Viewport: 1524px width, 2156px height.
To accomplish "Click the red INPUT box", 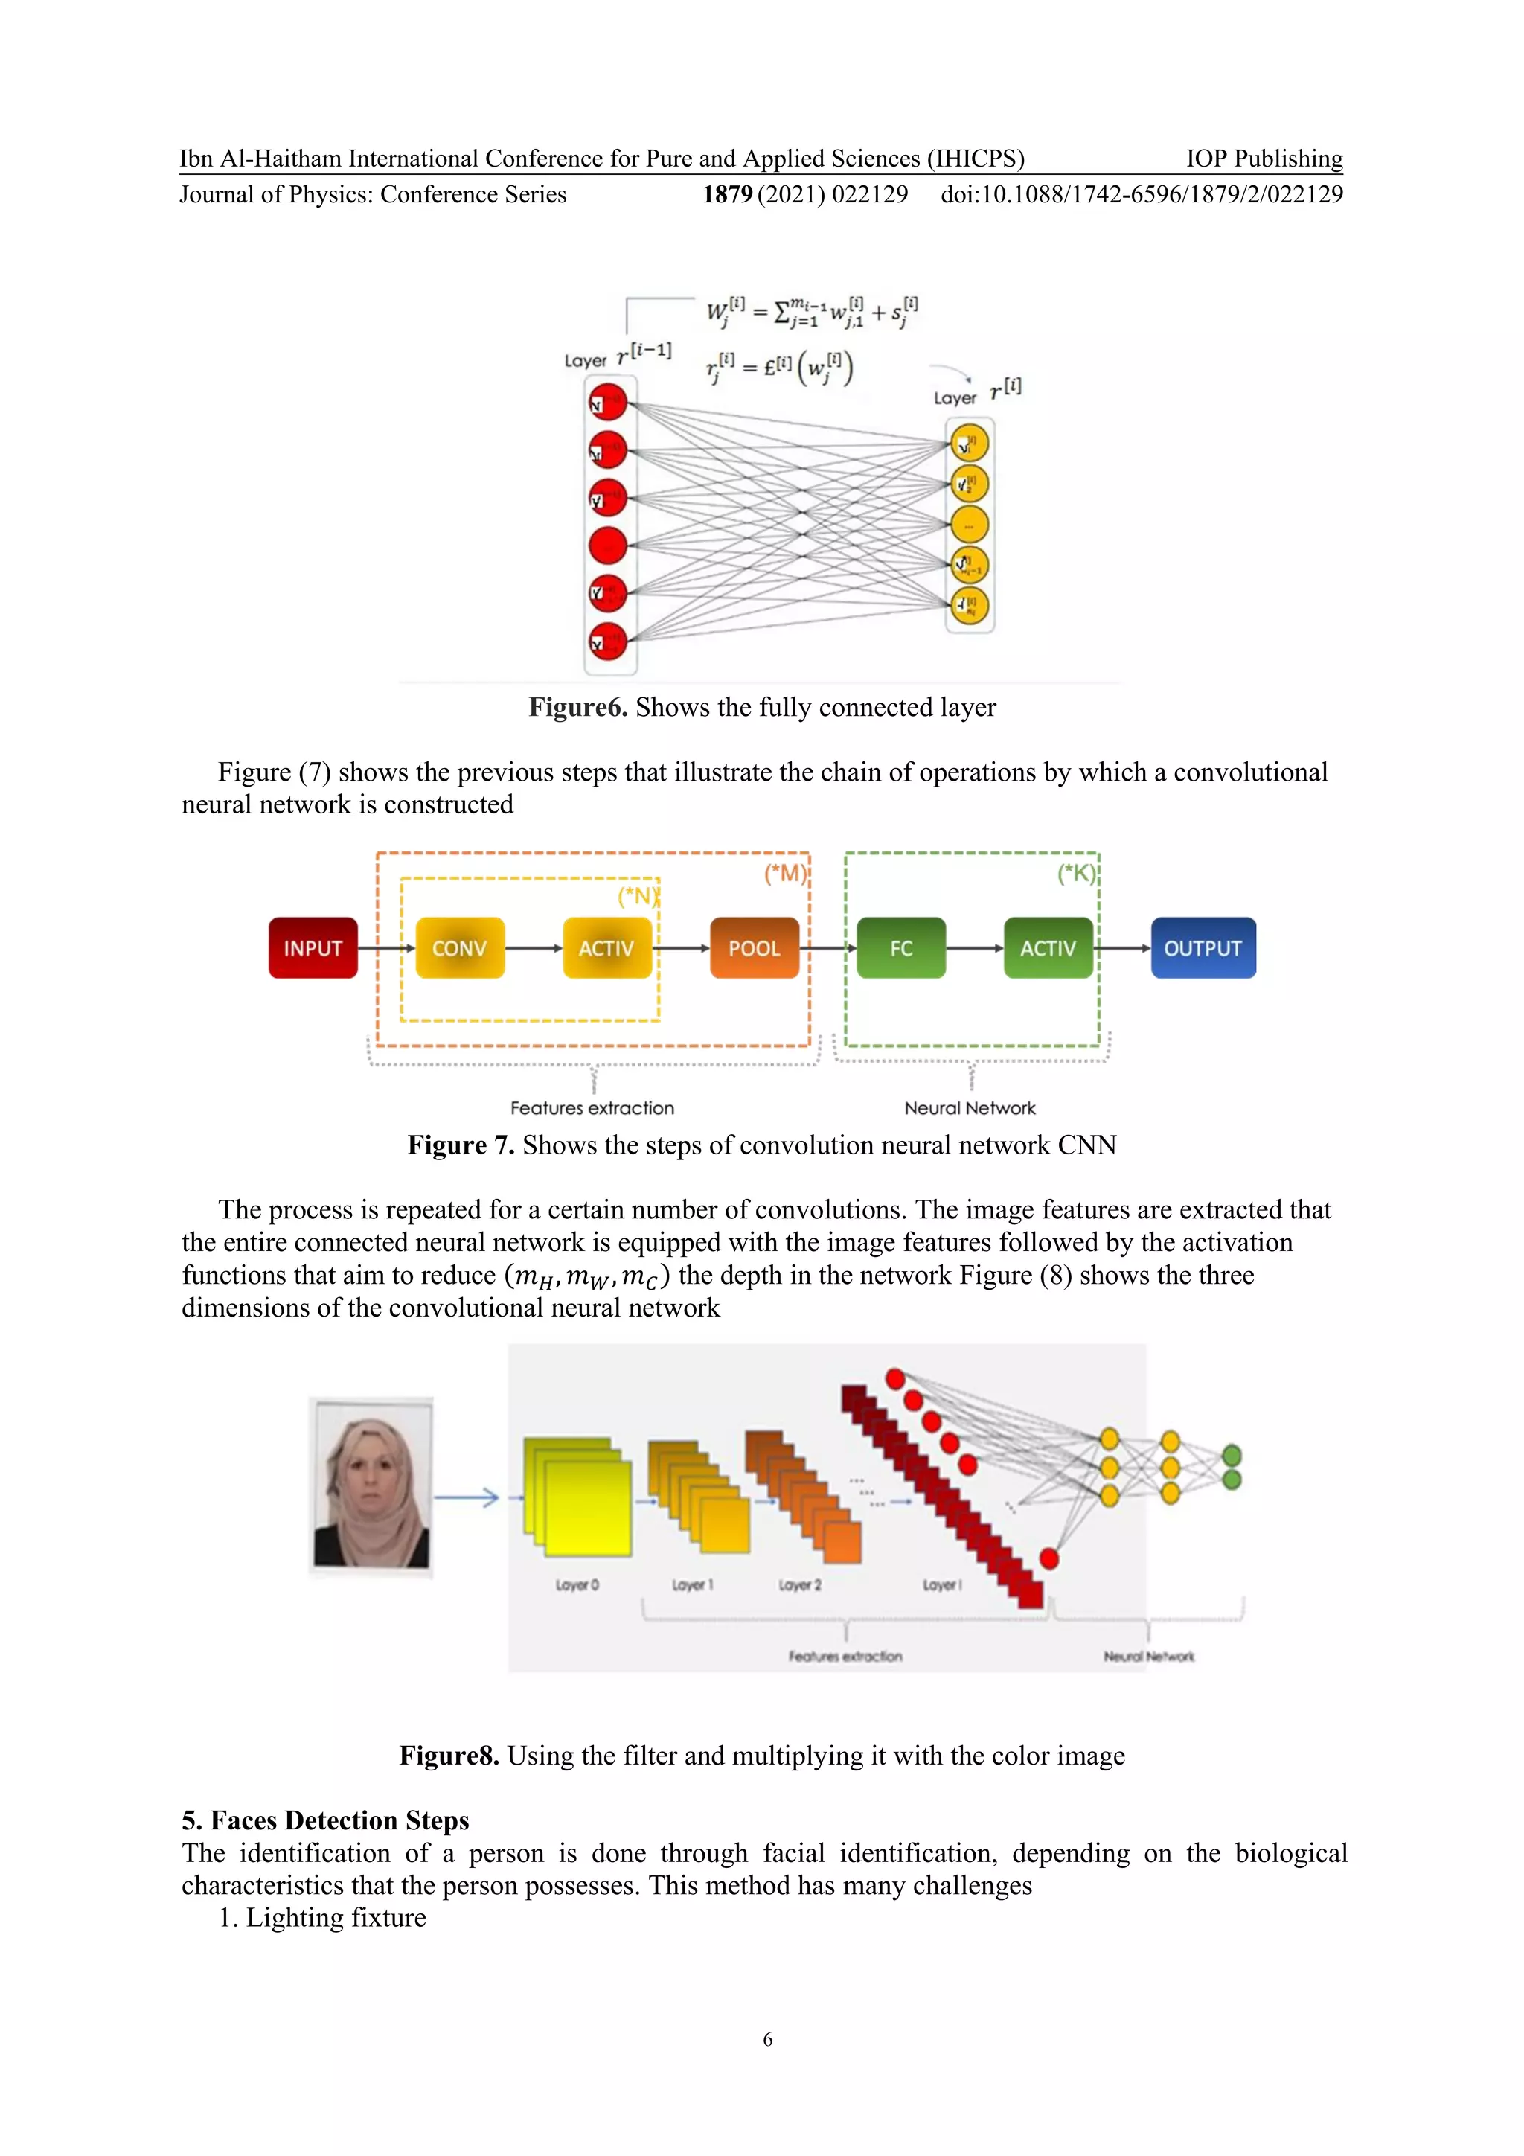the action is [313, 947].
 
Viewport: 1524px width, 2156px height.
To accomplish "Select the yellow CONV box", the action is [459, 947].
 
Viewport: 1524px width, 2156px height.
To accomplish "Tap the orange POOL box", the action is [754, 947].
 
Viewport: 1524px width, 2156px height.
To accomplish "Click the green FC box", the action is [900, 947].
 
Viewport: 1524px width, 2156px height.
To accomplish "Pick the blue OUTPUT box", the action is [1202, 947].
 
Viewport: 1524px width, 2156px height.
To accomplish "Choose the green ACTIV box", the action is [1048, 947].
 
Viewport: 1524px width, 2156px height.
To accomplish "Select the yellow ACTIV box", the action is [606, 947].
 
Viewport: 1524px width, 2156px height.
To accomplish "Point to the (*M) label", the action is [785, 873].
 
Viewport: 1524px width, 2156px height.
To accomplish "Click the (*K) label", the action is [1076, 873].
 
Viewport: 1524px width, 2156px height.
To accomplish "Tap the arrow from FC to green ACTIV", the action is [975, 948].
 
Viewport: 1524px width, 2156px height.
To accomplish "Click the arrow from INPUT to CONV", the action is [386, 948].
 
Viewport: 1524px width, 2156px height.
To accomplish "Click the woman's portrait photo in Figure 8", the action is [372, 1485].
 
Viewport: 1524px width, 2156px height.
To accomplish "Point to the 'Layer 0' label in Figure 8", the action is [577, 1585].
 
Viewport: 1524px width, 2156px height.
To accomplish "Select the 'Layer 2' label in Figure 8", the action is [799, 1585].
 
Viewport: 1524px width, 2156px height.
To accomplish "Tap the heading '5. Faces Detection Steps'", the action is [325, 1820].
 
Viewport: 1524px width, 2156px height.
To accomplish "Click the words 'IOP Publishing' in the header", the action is [1264, 158].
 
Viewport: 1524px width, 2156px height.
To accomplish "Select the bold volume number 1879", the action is [727, 194].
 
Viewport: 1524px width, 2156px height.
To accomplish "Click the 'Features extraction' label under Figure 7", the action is [592, 1108].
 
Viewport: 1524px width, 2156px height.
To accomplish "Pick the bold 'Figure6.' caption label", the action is [577, 707].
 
